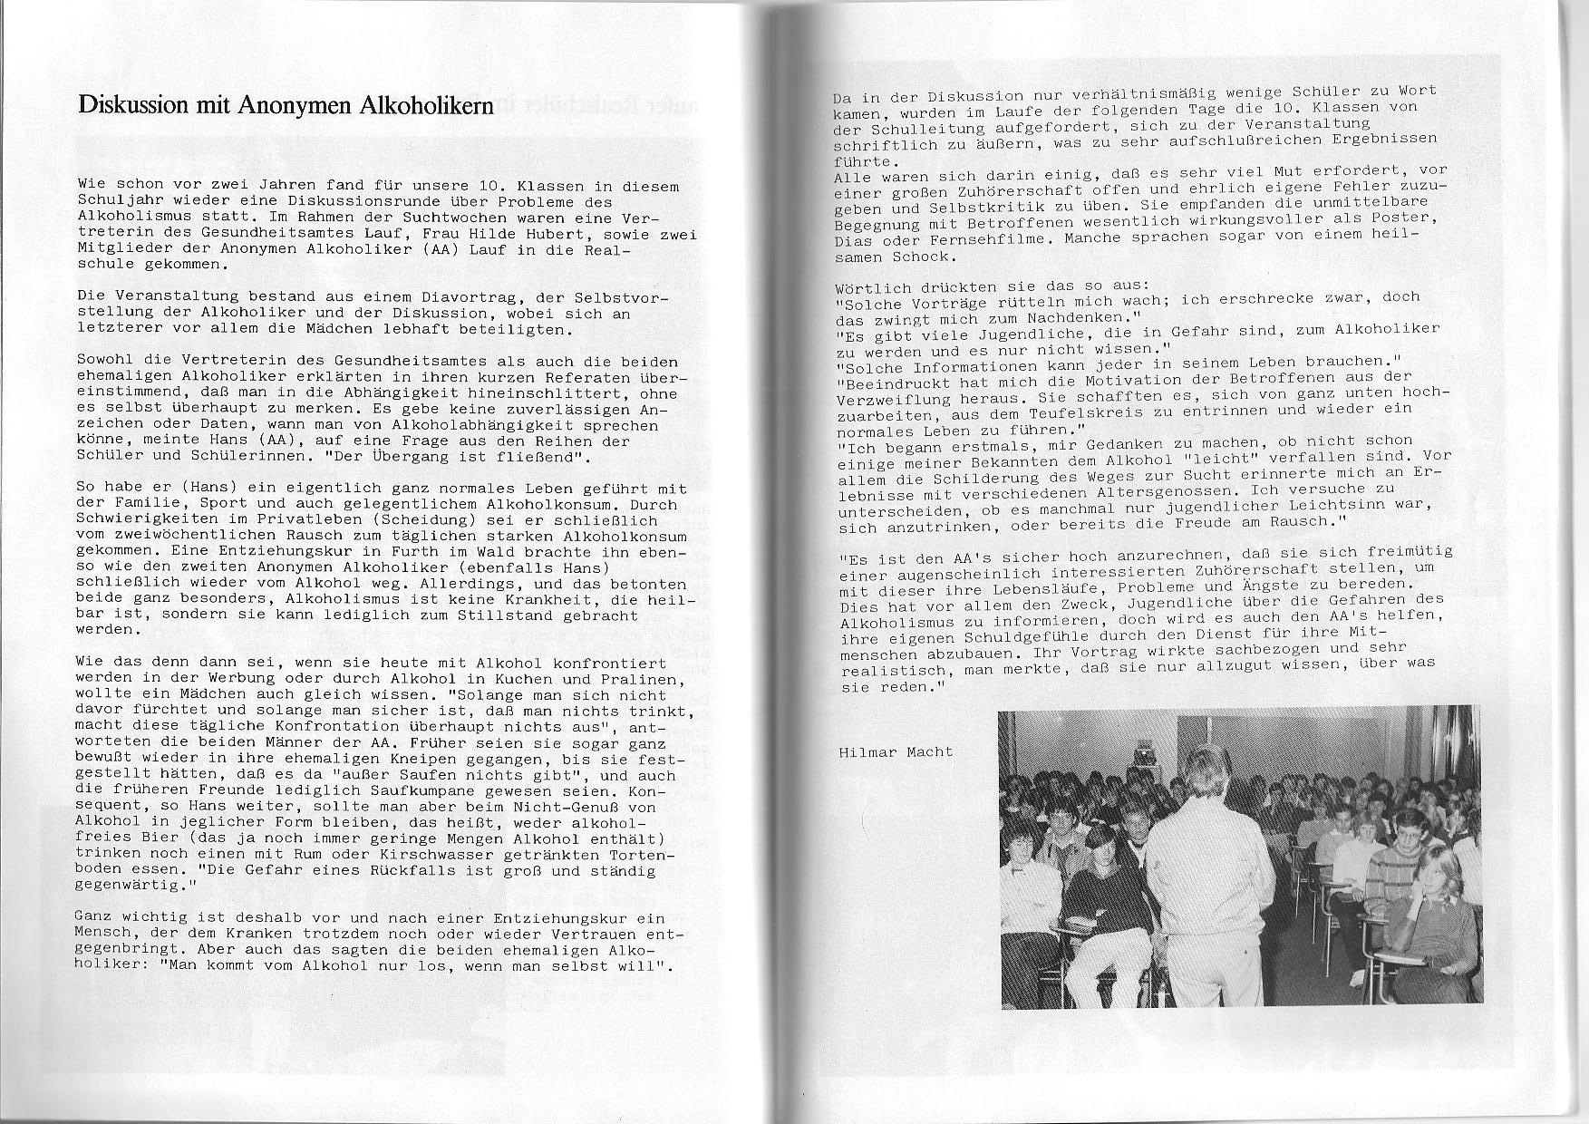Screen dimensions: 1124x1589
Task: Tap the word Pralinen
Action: [639, 679]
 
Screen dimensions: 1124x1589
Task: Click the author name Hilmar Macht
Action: [895, 752]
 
